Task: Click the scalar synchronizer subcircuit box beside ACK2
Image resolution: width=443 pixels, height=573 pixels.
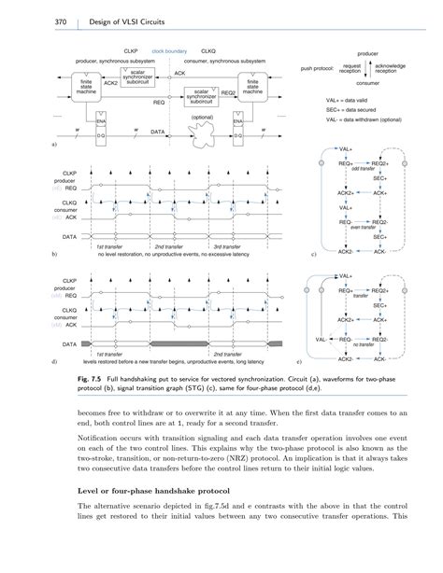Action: click(x=137, y=75)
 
